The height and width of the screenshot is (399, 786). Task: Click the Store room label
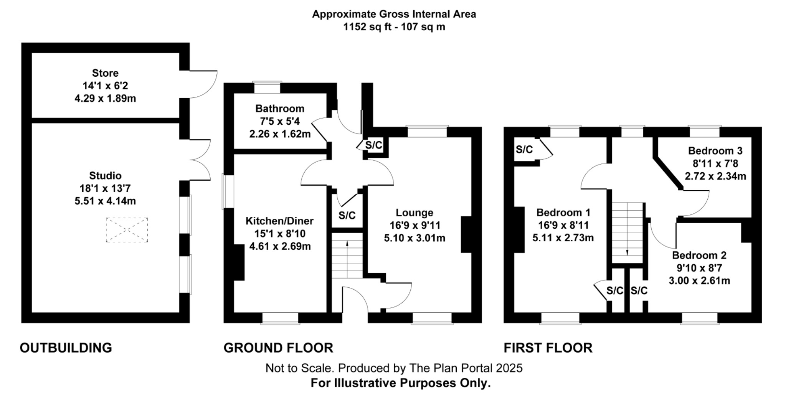pos(105,73)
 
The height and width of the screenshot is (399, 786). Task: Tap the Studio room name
pos(105,176)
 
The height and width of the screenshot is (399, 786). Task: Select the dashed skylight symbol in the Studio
pos(127,230)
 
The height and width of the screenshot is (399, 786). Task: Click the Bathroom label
pos(280,109)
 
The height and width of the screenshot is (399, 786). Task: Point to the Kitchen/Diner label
pos(279,221)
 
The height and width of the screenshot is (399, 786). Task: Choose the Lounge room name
pos(414,213)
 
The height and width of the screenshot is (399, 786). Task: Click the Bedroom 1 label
pos(563,213)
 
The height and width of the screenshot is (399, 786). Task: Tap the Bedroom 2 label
pos(699,255)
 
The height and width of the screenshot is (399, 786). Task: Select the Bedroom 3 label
pos(715,151)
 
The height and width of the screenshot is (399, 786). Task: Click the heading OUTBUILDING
pos(66,348)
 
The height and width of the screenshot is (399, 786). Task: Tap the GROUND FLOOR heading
pos(278,348)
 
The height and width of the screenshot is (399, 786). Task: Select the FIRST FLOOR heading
pos(548,348)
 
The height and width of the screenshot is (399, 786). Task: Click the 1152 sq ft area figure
pos(368,27)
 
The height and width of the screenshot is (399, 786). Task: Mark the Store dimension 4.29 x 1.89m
pos(105,98)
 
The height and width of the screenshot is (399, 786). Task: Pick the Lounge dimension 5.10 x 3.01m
pos(414,238)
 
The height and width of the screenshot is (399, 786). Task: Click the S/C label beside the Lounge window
pos(374,145)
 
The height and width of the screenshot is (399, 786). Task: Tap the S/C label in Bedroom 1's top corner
pos(524,149)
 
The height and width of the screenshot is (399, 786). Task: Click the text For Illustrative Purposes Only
pos(401,383)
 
